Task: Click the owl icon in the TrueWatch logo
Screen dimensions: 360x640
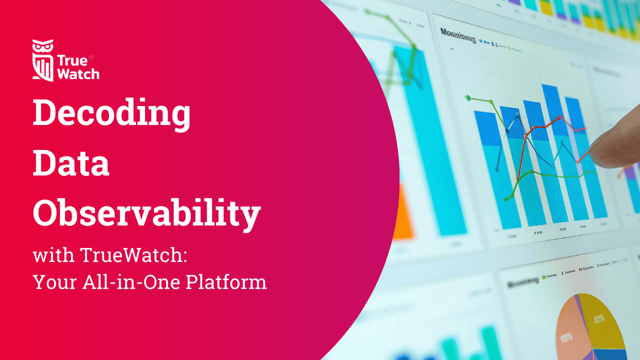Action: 42,60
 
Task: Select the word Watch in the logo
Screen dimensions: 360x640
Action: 78,73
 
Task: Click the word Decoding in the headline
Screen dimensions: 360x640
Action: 111,113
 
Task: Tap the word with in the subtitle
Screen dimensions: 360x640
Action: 53,255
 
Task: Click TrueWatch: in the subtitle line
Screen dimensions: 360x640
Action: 133,255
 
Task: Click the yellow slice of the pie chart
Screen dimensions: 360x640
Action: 602,320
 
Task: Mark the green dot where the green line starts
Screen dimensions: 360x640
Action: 468,98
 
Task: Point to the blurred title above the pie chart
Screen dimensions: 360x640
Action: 523,283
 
